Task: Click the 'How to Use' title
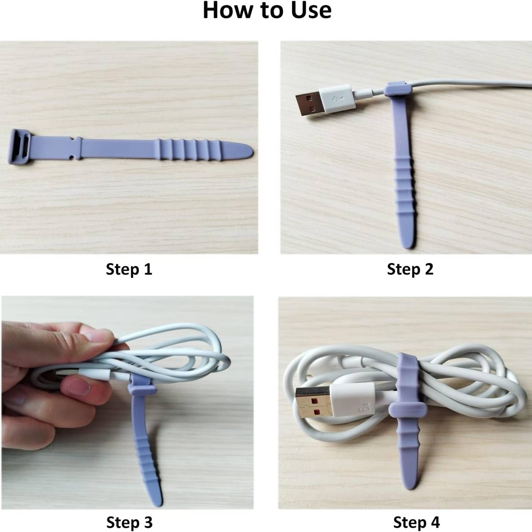click(x=267, y=11)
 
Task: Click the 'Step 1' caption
click(x=129, y=269)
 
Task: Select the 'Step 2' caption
click(x=410, y=269)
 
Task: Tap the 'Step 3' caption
click(x=129, y=522)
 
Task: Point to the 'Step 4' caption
click(x=416, y=522)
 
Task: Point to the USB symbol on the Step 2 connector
click(x=337, y=99)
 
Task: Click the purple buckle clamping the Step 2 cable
click(x=396, y=89)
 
